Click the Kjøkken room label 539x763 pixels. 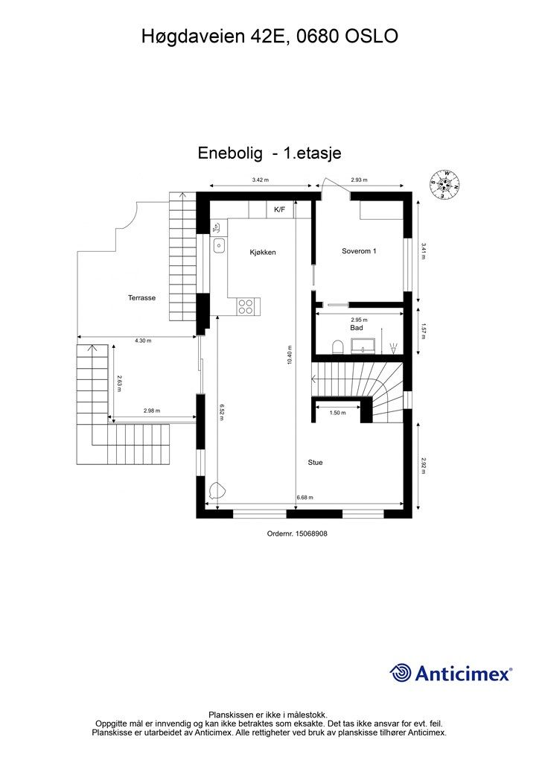pos(263,253)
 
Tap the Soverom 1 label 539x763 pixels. pos(359,251)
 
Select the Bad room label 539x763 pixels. pos(356,328)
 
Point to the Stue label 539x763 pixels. pos(316,462)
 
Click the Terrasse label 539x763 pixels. pos(141,297)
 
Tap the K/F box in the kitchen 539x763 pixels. pos(279,210)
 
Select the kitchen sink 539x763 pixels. pos(220,244)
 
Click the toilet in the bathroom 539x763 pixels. pos(337,346)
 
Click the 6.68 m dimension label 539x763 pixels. pos(304,498)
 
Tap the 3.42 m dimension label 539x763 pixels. pos(260,180)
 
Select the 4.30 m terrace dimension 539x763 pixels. pos(144,341)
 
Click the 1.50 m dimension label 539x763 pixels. pos(337,412)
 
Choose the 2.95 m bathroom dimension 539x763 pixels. pos(360,319)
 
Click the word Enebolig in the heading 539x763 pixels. pos(231,153)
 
